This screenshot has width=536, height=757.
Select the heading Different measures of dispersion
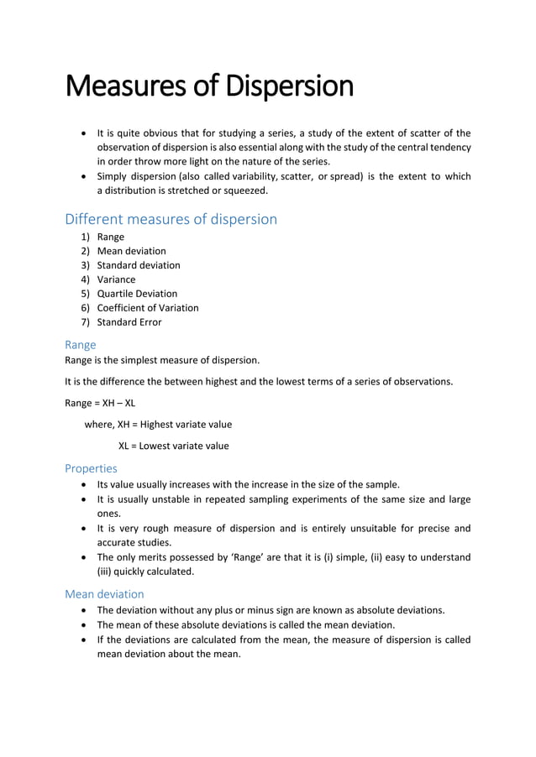(171, 219)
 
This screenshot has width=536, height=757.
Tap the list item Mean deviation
(131, 251)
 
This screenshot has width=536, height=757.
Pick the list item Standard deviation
(138, 265)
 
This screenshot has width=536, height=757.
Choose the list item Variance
(116, 279)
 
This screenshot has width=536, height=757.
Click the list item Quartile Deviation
(137, 294)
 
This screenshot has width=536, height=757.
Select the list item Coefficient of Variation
(148, 308)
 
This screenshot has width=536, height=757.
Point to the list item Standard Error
(129, 322)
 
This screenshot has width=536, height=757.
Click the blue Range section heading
(81, 345)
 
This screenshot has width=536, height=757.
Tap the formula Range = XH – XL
(100, 403)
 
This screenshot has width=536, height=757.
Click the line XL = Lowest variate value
(173, 446)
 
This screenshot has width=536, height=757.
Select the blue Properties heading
(91, 468)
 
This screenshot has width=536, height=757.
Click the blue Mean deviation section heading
(104, 594)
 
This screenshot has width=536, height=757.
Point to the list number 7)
(85, 322)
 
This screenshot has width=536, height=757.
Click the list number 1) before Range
(85, 237)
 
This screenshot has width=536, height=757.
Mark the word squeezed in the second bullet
(245, 191)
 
